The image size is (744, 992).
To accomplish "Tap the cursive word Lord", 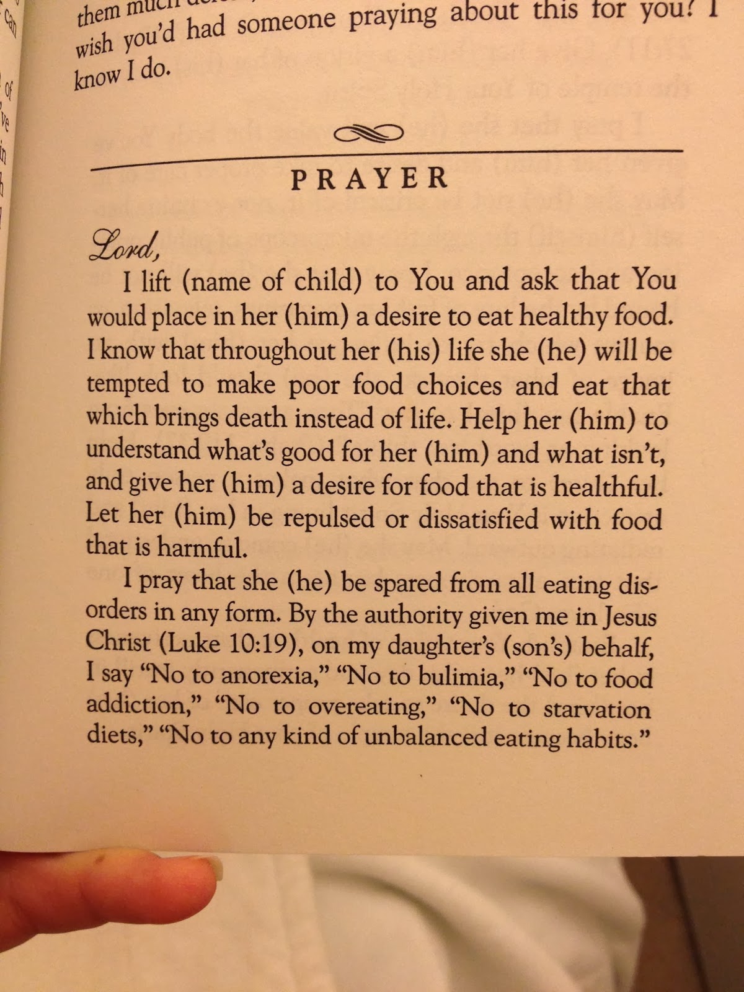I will [123, 246].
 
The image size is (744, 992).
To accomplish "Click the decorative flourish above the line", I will [368, 133].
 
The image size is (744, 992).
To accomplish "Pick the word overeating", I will [373, 707].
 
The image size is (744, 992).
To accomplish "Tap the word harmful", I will [205, 546].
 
